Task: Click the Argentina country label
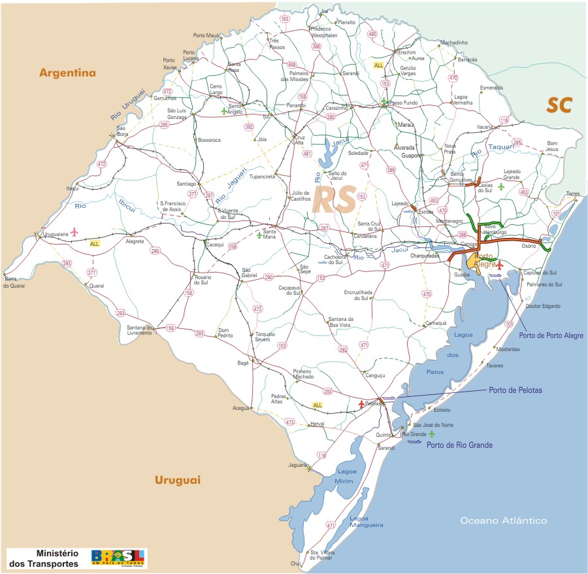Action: (x=67, y=73)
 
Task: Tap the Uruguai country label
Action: (x=177, y=480)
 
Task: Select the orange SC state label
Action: (x=560, y=105)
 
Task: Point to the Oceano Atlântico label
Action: (x=503, y=520)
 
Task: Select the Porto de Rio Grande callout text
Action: (x=459, y=445)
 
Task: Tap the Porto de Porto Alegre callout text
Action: (x=551, y=336)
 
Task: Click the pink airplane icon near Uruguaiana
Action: (x=74, y=231)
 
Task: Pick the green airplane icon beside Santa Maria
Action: (x=259, y=233)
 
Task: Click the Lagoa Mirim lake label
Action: (x=346, y=475)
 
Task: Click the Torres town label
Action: (x=573, y=194)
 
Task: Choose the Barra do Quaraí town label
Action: (x=14, y=282)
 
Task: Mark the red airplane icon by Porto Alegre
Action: (x=500, y=265)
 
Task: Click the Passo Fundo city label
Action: (x=403, y=103)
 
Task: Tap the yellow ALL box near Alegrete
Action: (x=95, y=243)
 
